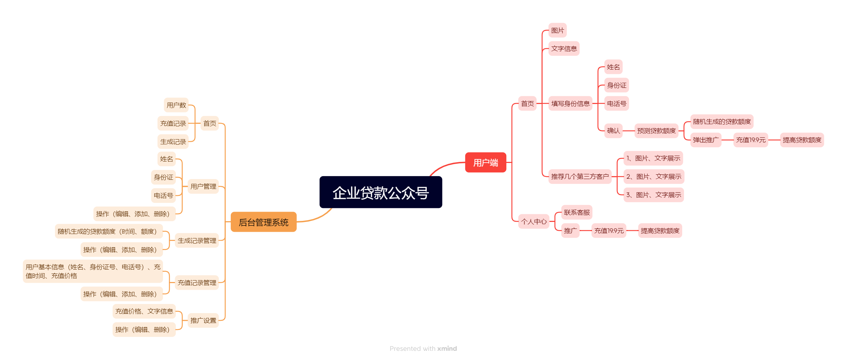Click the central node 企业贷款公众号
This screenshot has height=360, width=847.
tap(381, 192)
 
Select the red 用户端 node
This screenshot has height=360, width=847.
tap(485, 163)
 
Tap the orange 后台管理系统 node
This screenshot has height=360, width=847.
tap(263, 222)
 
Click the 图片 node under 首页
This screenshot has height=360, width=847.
tap(557, 30)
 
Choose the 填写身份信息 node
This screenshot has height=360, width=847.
tap(570, 104)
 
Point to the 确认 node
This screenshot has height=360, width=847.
tap(613, 131)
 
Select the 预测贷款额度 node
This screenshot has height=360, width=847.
tap(656, 131)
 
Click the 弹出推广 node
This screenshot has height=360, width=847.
tap(706, 140)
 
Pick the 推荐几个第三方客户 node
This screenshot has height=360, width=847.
tap(580, 177)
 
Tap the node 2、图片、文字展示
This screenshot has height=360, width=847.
tap(654, 177)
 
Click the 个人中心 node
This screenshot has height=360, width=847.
tap(534, 222)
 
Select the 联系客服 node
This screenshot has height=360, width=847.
tap(577, 212)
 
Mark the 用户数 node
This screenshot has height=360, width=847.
tap(176, 105)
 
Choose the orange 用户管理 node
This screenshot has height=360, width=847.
tap(203, 186)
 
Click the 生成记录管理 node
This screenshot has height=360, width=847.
tap(197, 241)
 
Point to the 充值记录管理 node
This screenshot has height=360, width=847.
tap(197, 283)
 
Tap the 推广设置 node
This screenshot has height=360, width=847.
tap(203, 320)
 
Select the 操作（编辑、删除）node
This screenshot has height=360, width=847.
tap(144, 330)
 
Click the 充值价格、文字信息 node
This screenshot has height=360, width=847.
tap(144, 311)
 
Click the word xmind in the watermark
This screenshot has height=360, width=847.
tap(447, 349)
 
